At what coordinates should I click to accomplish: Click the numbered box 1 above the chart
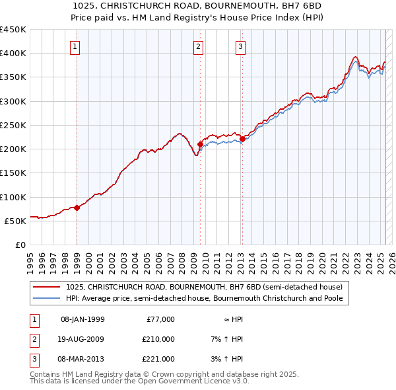[77, 46]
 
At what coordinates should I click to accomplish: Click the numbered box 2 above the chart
[199, 46]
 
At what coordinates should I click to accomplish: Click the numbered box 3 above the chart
[241, 46]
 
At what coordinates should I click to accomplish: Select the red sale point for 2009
[200, 143]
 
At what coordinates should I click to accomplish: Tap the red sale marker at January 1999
[77, 208]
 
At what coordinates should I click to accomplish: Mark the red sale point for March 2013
[242, 139]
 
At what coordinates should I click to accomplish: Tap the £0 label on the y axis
[20, 245]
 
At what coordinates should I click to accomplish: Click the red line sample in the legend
[48, 288]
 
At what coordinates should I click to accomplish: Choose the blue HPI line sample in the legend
[48, 298]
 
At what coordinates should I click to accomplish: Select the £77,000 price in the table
[160, 319]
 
